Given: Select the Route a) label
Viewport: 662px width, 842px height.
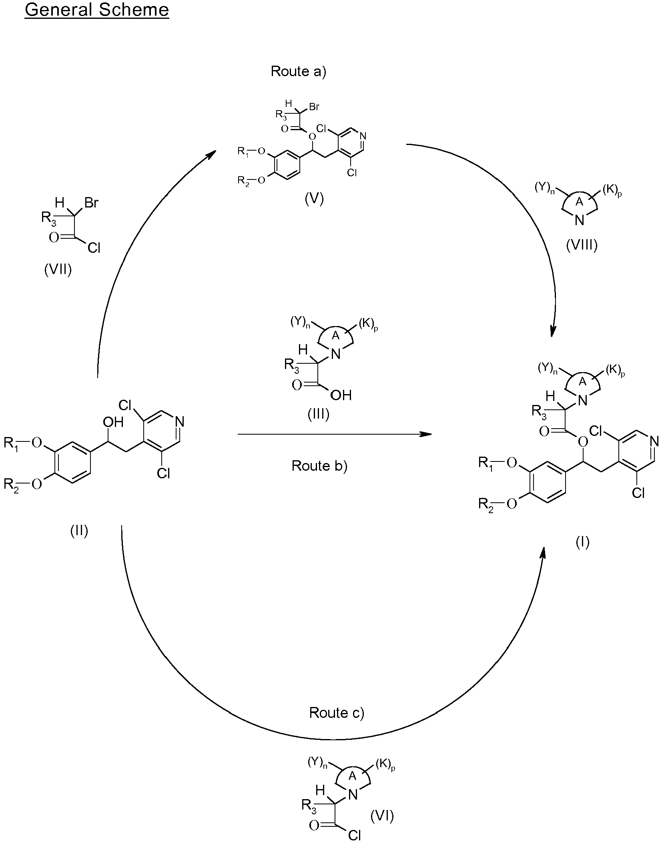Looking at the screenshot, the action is click(x=299, y=71).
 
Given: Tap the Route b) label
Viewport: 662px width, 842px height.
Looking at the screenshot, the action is click(x=319, y=465).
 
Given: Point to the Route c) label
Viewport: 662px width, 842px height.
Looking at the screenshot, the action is click(x=337, y=713).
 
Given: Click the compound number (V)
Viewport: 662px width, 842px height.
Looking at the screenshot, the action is click(x=314, y=199).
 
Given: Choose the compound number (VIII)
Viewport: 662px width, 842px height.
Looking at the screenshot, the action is click(x=582, y=244).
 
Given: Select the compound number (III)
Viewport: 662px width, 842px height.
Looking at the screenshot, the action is click(x=319, y=415).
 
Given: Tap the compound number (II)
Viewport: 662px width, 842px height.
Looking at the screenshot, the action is click(x=79, y=531).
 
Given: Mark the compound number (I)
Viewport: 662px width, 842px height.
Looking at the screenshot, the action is click(x=582, y=542).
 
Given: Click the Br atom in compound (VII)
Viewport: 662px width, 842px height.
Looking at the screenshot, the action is click(x=91, y=203).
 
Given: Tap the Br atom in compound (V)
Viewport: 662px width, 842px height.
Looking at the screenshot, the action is click(x=314, y=107).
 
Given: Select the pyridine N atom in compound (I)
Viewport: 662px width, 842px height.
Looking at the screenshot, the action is click(x=654, y=441).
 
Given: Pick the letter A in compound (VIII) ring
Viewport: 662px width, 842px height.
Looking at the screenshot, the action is click(x=579, y=203).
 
